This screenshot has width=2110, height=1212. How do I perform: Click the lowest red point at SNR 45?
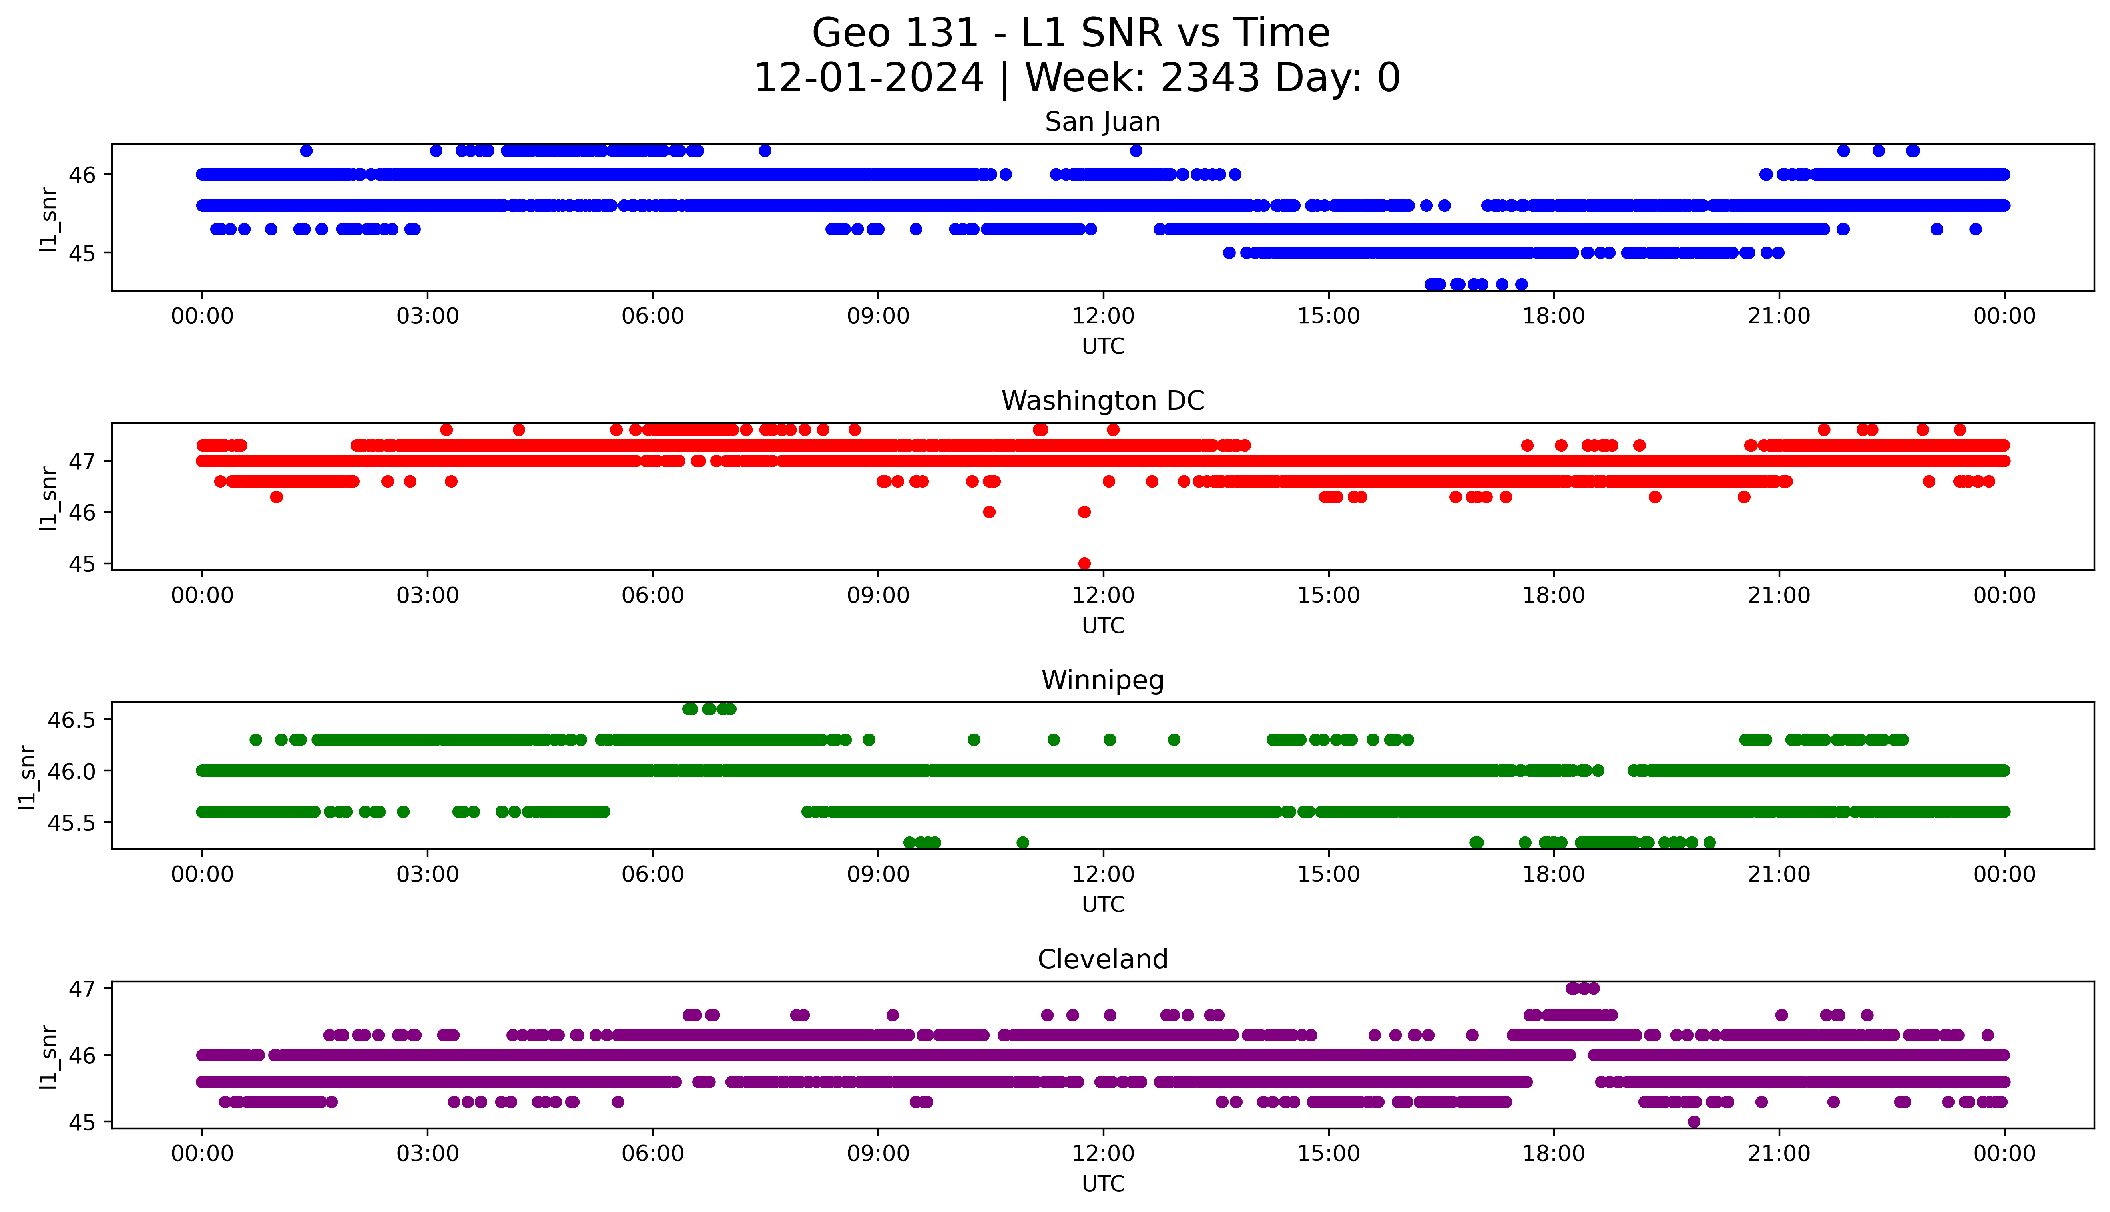1084,563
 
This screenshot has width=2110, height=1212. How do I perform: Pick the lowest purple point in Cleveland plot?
1694,1121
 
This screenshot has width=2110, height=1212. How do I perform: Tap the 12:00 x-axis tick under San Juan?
1103,316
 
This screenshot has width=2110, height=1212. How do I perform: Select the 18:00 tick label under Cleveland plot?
1553,1154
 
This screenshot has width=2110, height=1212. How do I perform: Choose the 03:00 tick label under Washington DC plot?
428,595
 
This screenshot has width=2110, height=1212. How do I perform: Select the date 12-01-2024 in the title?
868,78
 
